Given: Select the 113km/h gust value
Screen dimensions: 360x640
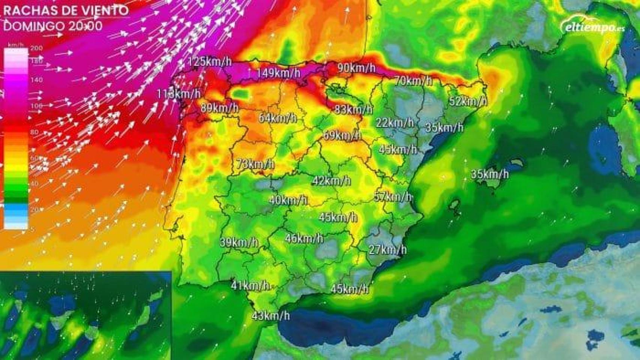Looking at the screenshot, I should [x=178, y=94].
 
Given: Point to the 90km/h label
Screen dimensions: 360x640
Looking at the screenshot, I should [x=356, y=68].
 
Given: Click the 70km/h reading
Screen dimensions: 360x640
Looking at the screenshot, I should [x=413, y=81].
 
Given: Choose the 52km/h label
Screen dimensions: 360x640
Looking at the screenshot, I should [x=468, y=101].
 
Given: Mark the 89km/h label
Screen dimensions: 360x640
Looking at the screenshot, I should [x=219, y=108].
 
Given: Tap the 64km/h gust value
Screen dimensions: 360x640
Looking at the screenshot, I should [x=278, y=118].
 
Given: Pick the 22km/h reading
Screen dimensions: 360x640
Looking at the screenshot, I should [x=395, y=123].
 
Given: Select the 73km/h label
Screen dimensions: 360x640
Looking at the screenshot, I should [x=255, y=164].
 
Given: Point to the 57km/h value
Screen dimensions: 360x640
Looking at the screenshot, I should [x=393, y=196].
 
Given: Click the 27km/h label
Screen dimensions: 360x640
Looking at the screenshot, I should [x=388, y=250].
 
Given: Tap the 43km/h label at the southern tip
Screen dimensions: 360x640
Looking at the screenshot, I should [x=271, y=315].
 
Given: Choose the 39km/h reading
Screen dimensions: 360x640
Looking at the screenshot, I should [x=239, y=242].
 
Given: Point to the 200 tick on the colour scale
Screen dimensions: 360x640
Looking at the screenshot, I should [x=36, y=48].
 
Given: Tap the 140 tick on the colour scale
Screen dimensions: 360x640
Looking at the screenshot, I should [x=36, y=80].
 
